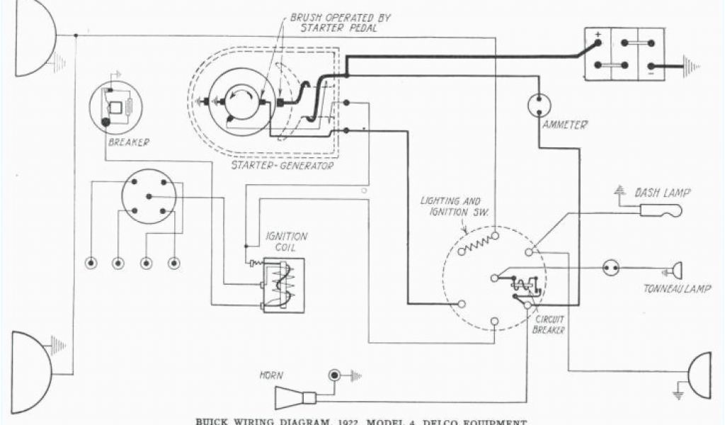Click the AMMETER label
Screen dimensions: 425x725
pos(564,125)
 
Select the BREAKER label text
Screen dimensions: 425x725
pos(127,142)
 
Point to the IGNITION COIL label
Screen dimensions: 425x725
pos(285,241)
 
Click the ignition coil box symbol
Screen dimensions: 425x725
pos(283,285)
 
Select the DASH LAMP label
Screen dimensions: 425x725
pos(662,191)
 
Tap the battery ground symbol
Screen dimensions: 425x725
pos(690,67)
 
